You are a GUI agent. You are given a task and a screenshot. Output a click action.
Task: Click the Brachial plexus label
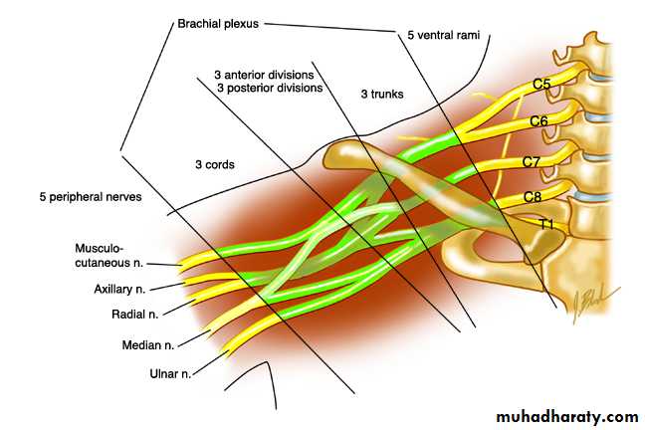pos(220,21)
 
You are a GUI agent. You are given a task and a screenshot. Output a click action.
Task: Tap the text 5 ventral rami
pos(445,36)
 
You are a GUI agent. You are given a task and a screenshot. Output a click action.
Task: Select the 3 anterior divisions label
pos(264,75)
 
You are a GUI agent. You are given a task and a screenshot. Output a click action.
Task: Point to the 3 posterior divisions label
pos(268,88)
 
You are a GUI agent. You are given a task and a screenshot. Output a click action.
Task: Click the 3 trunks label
pos(382,94)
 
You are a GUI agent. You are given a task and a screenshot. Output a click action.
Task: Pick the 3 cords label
pos(214,164)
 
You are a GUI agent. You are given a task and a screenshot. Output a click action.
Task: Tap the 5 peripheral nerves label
pos(86,197)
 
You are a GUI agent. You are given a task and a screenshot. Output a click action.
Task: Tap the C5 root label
pos(540,85)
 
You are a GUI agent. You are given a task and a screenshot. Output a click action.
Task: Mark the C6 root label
pos(538,121)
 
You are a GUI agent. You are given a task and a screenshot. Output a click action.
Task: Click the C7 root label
pos(533,161)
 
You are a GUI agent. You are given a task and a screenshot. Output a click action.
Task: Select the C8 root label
pos(533,198)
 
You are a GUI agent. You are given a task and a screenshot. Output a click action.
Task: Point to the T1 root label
pos(545,224)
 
